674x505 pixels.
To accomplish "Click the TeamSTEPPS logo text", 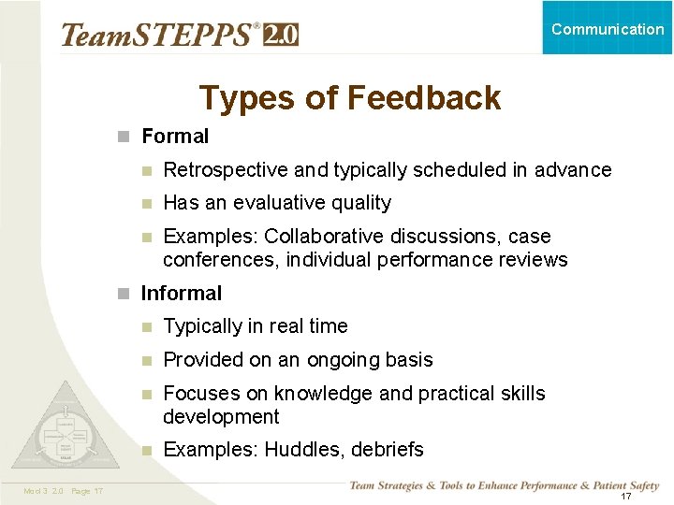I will click(x=159, y=35).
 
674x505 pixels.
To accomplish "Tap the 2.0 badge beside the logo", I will click(x=282, y=35).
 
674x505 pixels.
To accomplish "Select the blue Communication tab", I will click(x=608, y=28).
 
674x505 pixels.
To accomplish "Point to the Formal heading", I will click(x=175, y=137).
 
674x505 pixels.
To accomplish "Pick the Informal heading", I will click(x=181, y=294).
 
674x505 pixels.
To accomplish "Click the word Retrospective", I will click(x=226, y=170).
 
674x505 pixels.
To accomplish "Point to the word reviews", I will click(x=533, y=260).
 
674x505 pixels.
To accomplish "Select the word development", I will click(x=221, y=417).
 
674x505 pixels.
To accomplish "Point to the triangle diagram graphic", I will click(x=66, y=429).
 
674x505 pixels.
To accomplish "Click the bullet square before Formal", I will click(x=123, y=137).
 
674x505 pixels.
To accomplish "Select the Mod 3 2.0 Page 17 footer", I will click(x=65, y=492).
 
